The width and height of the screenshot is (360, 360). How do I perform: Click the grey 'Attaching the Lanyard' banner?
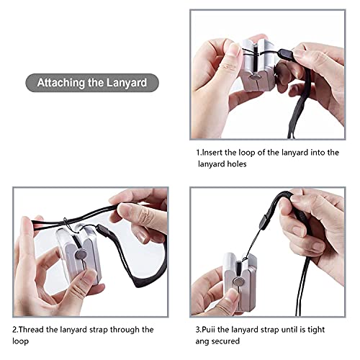coord(92,82)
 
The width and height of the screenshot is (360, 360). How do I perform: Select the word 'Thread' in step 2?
coord(36,329)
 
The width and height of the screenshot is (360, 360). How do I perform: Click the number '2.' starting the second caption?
coord(17,329)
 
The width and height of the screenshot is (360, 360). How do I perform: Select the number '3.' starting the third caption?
coord(199,329)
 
